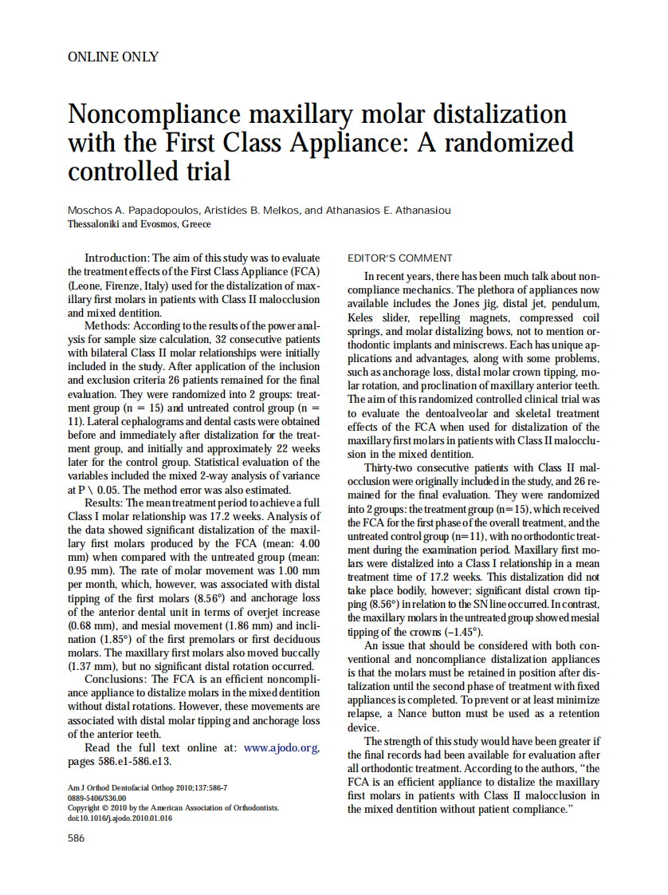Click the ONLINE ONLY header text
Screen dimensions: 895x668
point(113,57)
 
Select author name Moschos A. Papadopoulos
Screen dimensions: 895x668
point(128,211)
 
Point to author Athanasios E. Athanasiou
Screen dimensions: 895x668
point(383,211)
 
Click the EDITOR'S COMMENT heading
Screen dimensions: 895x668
point(400,258)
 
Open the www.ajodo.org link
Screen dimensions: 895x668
point(281,747)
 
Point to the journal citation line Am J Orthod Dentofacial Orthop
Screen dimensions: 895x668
point(147,788)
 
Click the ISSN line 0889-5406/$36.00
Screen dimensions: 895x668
point(96,798)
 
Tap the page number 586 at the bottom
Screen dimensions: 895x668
point(77,838)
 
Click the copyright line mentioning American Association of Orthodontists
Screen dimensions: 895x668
point(173,807)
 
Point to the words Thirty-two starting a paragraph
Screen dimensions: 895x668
point(391,467)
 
